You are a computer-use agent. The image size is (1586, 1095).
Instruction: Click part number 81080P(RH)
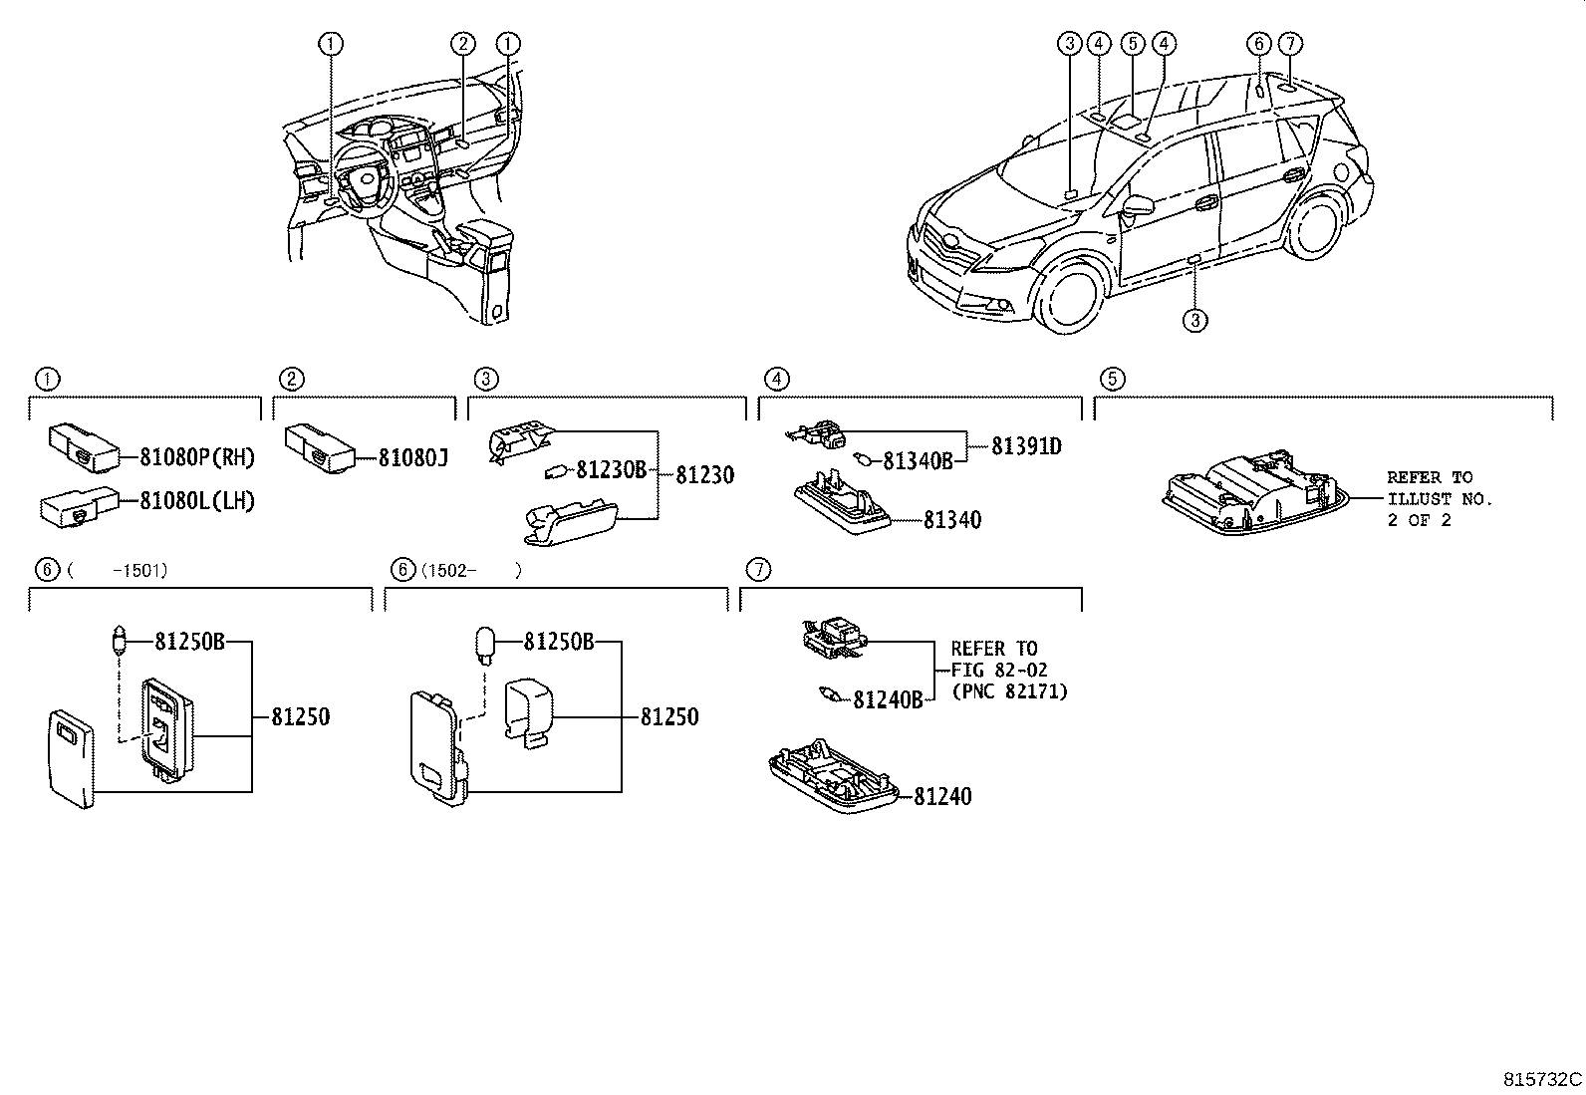(197, 457)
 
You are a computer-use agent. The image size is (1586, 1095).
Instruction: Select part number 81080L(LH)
(197, 501)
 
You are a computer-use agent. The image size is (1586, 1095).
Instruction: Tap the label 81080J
(413, 457)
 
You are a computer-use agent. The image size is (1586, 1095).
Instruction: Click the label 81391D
(1025, 446)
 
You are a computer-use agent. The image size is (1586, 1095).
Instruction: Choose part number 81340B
(918, 459)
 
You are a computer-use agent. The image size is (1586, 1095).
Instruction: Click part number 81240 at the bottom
(941, 796)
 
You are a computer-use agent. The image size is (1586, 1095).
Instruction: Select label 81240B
(888, 699)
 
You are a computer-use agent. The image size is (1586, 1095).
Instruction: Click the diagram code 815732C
(1542, 1079)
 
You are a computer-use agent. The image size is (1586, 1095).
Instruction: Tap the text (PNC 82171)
(1009, 690)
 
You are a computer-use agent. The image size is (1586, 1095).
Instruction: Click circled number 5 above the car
(1131, 43)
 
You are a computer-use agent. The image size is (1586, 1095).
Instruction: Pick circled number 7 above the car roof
(1289, 43)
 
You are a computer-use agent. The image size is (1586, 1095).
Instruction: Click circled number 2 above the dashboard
(462, 43)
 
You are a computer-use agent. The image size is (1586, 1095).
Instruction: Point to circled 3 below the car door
(1195, 319)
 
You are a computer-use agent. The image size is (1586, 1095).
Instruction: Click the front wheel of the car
(1069, 296)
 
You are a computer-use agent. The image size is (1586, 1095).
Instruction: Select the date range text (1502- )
(468, 570)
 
